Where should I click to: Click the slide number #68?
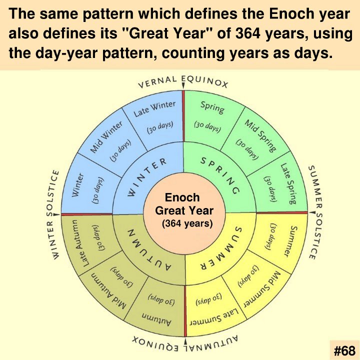(344, 350)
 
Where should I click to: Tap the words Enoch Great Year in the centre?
(184, 204)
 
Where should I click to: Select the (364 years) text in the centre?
(187, 223)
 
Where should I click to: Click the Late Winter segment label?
(154, 108)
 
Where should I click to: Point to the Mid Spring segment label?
(260, 136)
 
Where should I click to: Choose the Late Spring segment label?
(288, 183)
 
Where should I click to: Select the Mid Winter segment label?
(106, 137)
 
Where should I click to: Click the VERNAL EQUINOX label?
(183, 82)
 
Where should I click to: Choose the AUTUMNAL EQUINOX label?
(185, 342)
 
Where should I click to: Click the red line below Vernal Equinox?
(183, 116)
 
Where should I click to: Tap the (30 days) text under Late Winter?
(160, 127)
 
